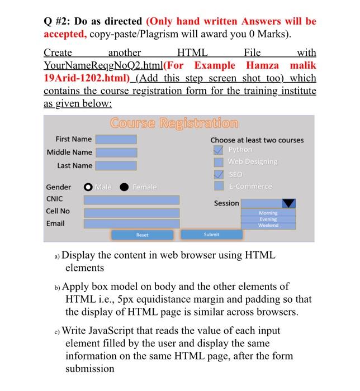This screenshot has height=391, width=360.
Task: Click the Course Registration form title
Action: [x=174, y=122]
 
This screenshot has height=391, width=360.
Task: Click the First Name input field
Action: [x=116, y=139]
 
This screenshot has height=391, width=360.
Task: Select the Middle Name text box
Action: [x=116, y=152]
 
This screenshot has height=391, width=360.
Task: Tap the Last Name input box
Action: [x=116, y=165]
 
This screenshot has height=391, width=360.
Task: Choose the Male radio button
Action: [x=88, y=187]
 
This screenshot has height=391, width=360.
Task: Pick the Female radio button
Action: [x=124, y=187]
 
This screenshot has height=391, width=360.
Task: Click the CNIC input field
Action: [x=131, y=199]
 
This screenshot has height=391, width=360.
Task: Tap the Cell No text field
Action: [x=131, y=212]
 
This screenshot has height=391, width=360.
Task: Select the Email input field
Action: [x=131, y=223]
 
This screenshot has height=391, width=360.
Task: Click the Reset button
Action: [x=143, y=235]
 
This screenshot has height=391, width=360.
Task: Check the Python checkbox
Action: [x=219, y=150]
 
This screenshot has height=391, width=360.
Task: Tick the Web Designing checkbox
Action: [x=219, y=162]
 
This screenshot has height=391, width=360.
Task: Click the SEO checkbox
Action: [x=219, y=174]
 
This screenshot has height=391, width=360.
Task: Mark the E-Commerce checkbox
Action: [x=219, y=186]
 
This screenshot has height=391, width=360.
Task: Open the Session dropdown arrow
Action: [x=288, y=203]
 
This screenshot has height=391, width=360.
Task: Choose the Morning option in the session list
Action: [x=268, y=213]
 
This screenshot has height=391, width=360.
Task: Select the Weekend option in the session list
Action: [x=268, y=225]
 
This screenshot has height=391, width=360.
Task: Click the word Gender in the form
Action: [x=58, y=187]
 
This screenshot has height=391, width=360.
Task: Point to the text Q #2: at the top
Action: [x=56, y=21]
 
